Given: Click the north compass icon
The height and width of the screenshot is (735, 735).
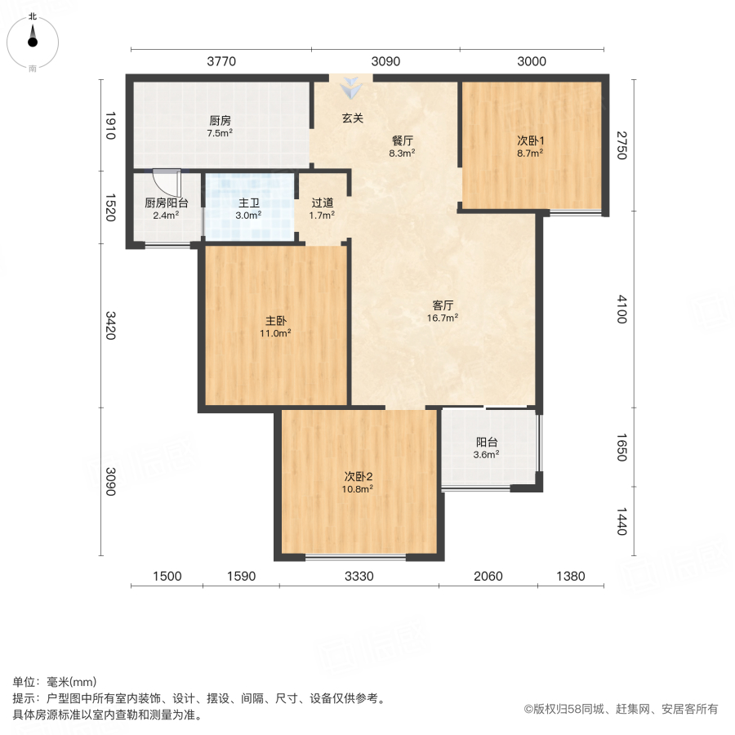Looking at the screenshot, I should (x=33, y=38).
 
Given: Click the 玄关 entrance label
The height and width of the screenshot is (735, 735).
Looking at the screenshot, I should (x=352, y=118).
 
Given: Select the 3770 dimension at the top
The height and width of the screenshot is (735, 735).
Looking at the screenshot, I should (x=220, y=60).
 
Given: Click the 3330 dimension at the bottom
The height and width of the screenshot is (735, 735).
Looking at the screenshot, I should (x=359, y=577).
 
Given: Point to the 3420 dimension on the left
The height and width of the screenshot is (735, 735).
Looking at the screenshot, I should (x=112, y=325).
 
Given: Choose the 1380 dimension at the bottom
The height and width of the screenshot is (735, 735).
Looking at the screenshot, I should (x=571, y=577).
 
